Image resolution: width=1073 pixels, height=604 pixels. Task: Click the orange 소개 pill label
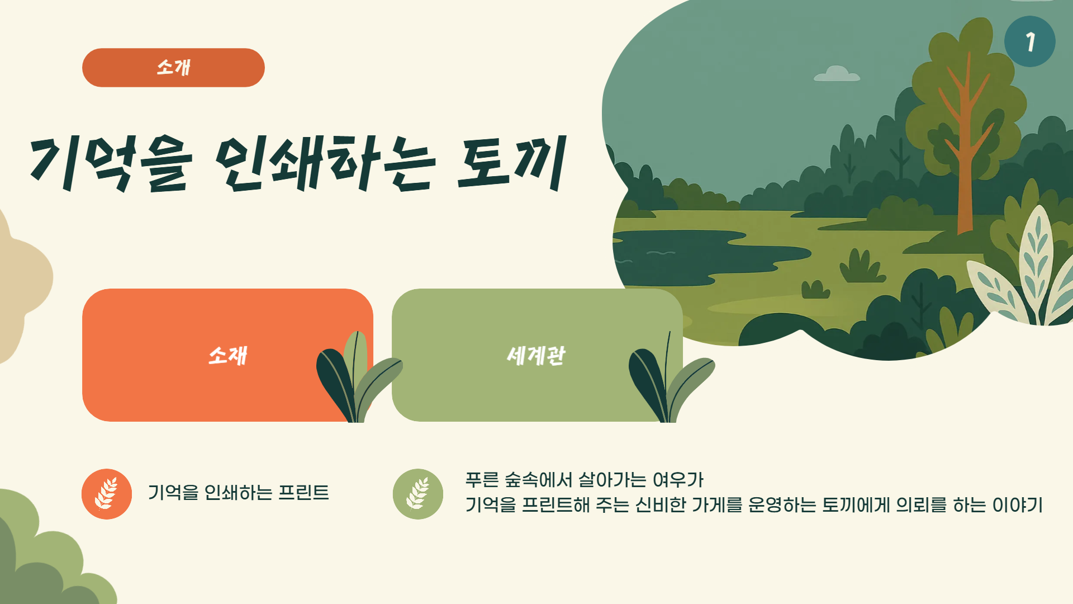(173, 68)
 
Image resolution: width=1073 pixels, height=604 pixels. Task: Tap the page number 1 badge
(1029, 41)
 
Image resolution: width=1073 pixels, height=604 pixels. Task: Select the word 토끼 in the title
(512, 163)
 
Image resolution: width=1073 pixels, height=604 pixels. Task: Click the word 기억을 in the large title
(111, 164)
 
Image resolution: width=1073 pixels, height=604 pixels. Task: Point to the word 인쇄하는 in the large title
(325, 163)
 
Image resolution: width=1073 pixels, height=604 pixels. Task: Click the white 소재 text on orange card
(227, 355)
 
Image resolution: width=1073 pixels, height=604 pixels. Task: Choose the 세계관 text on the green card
(536, 355)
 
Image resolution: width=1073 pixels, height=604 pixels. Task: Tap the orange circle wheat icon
(107, 494)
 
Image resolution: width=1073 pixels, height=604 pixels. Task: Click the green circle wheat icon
(418, 494)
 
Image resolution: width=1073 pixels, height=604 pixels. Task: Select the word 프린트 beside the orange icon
(303, 492)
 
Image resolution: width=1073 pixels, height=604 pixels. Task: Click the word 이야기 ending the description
(1017, 504)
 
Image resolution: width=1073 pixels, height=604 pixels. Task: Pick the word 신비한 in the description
(661, 504)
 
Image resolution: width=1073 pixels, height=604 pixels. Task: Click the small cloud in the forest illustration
(837, 74)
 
